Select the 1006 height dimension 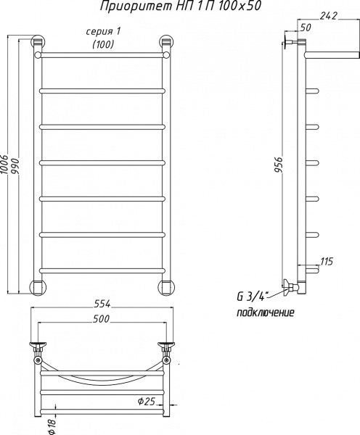tap(5, 166)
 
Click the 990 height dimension tap(15, 166)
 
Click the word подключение tap(265, 312)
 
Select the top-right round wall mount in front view tap(167, 43)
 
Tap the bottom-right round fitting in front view tap(167, 286)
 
